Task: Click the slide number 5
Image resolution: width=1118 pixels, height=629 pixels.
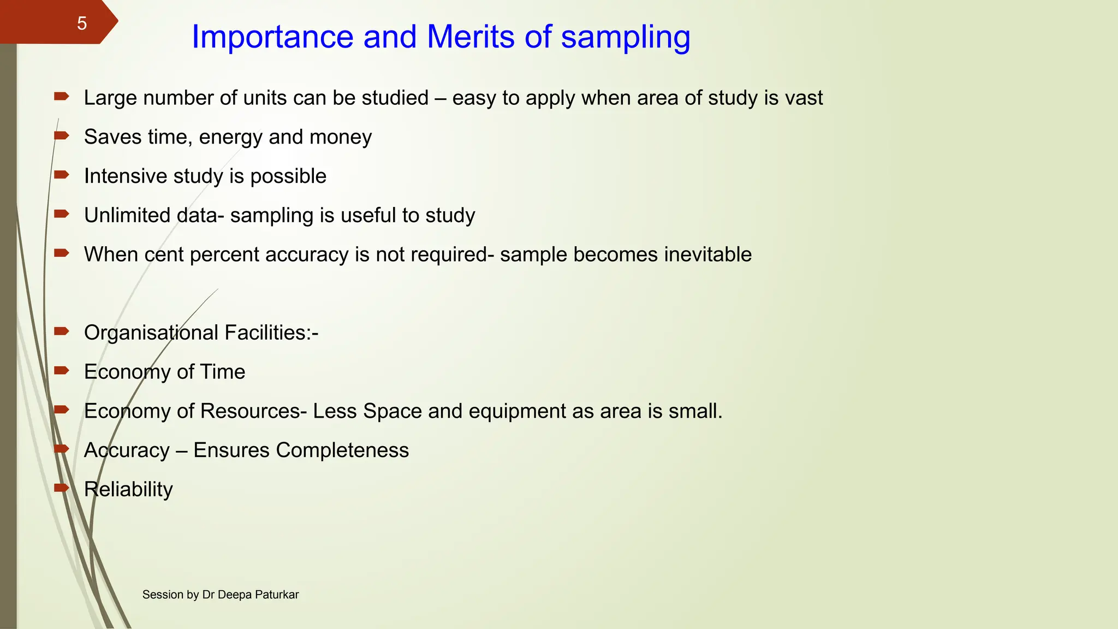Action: pos(82,23)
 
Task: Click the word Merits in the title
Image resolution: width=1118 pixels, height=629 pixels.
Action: pos(470,37)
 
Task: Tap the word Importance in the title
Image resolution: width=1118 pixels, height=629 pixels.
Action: pos(272,37)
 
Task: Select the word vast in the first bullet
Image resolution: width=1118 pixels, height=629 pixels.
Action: pos(804,98)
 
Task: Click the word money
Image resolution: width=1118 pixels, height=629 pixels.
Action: pos(341,137)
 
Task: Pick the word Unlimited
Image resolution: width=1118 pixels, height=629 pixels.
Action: pos(123,216)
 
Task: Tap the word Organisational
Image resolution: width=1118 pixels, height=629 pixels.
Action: pos(151,333)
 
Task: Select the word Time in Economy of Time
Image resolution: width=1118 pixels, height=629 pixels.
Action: pos(223,372)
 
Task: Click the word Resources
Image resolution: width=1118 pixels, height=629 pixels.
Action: pos(250,411)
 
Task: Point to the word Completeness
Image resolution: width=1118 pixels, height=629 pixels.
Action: pos(342,450)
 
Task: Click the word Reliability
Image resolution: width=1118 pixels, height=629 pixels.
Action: pos(128,490)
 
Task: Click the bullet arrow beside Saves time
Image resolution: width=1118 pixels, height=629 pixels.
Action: pos(62,135)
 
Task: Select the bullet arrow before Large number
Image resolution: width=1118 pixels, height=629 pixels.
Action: pos(62,97)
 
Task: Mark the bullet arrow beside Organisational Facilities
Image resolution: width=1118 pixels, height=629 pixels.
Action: pos(62,331)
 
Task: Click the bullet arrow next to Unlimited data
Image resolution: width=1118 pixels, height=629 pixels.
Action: pos(62,214)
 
